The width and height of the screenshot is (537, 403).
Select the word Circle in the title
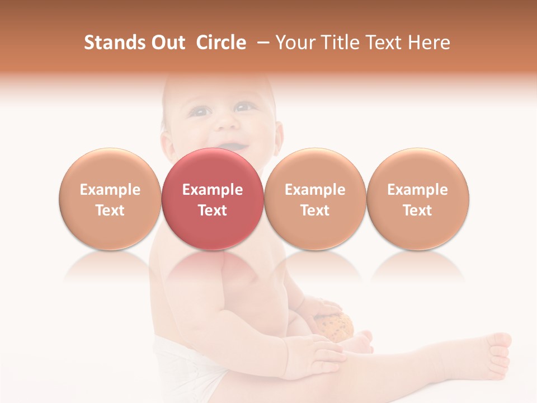pyautogui.click(x=221, y=43)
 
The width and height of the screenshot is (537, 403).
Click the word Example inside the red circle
pyautogui.click(x=212, y=190)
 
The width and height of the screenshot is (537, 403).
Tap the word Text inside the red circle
pyautogui.click(x=212, y=210)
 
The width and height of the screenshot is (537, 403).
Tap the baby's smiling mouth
pyautogui.click(x=229, y=145)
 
